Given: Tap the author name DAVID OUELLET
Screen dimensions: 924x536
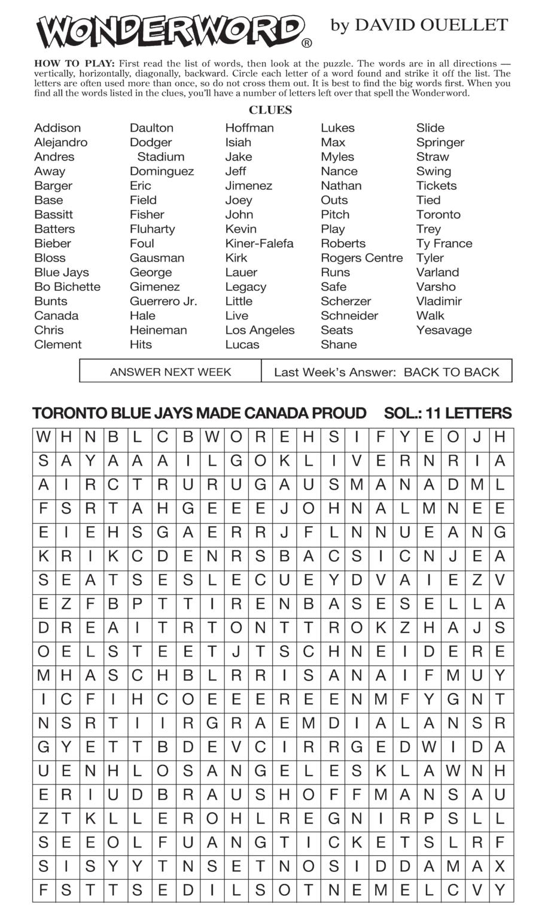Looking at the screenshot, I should (430, 25).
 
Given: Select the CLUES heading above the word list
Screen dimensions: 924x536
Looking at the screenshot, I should (270, 110).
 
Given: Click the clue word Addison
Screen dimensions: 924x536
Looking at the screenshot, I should (57, 128).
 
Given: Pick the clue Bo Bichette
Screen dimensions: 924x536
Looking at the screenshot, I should (67, 287).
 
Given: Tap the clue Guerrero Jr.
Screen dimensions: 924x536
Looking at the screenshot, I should (163, 301).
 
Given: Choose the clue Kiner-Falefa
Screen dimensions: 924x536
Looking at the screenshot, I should (259, 244).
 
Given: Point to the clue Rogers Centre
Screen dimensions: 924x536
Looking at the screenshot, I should (361, 258).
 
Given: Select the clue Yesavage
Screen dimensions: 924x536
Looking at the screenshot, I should (444, 330).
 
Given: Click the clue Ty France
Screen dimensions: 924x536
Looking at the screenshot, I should (444, 244).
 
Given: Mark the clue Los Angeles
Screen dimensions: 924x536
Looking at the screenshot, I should (260, 330).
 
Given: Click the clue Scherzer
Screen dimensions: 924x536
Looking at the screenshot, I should (346, 301).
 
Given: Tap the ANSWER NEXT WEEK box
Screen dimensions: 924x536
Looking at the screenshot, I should (170, 372).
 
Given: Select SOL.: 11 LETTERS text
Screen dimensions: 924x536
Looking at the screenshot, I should (447, 414).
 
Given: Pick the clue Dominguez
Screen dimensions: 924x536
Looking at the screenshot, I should (162, 171).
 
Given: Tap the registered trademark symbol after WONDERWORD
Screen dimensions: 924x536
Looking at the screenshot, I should (307, 43).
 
